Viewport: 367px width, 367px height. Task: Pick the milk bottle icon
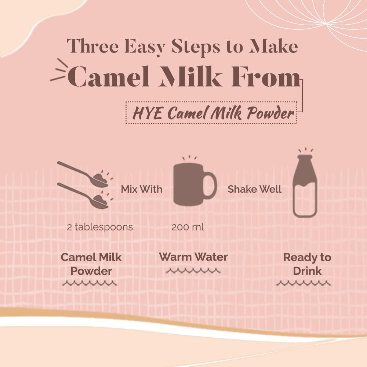[x=305, y=186]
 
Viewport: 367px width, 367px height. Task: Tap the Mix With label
[x=142, y=189]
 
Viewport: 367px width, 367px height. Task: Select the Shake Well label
[x=254, y=189]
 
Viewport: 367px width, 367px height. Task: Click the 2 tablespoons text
[x=100, y=227]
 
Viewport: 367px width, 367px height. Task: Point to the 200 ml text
[x=188, y=227]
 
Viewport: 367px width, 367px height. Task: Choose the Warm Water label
[x=193, y=257]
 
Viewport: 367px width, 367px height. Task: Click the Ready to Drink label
[x=307, y=264]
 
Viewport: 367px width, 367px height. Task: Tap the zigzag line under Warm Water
[x=193, y=271]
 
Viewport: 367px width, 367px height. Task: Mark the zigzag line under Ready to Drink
[x=304, y=283]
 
